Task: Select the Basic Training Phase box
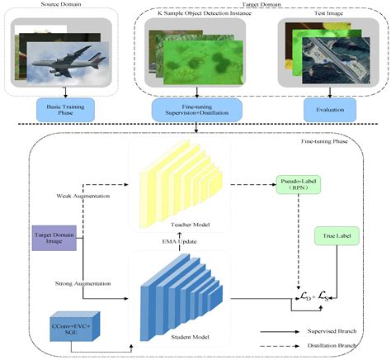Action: point(61,110)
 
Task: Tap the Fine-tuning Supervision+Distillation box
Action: point(195,110)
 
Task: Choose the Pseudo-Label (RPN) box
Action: point(292,183)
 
